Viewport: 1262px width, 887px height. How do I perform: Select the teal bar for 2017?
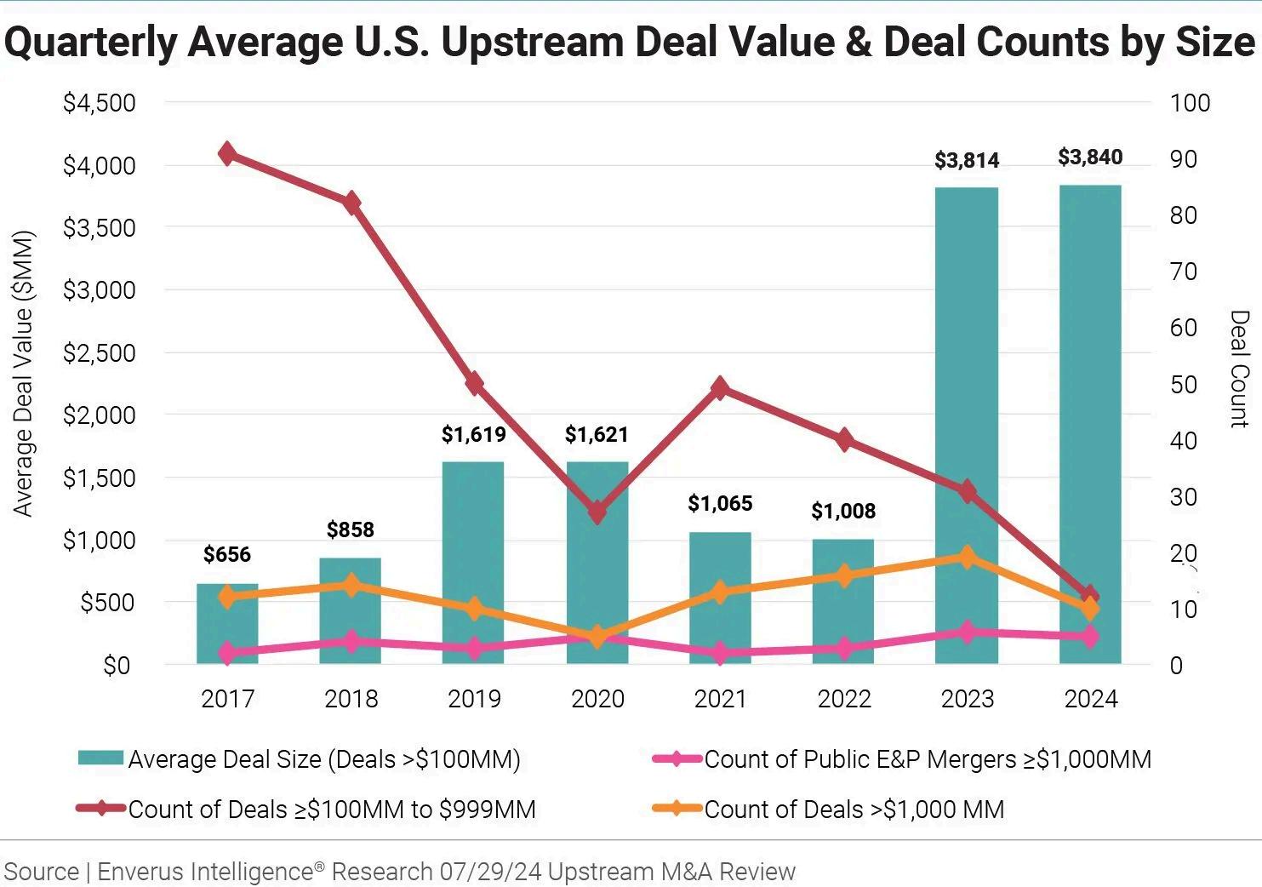tap(227, 626)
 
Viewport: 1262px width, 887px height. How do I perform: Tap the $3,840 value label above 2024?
tap(1090, 157)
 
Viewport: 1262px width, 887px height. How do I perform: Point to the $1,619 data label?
tap(474, 435)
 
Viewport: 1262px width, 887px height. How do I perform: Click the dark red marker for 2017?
tap(227, 154)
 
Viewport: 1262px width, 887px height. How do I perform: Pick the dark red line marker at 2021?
tap(720, 389)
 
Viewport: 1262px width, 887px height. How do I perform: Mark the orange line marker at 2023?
tap(967, 558)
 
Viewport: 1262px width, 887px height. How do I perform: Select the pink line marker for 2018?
tap(351, 642)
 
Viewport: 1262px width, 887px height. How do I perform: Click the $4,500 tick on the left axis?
tap(99, 103)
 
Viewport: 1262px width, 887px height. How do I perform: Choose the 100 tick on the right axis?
tap(1190, 103)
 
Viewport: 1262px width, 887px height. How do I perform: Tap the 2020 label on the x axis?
tap(597, 699)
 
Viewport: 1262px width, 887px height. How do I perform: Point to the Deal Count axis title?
tap(1239, 368)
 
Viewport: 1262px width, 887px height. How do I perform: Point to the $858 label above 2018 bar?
tap(351, 530)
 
